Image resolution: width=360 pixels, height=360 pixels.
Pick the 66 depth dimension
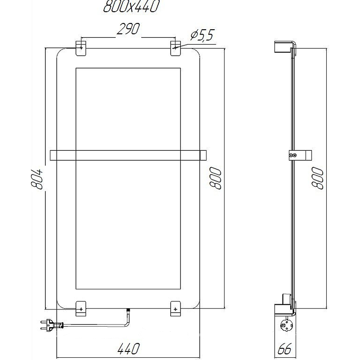coord(284,349)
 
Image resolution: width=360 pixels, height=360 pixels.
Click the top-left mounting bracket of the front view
coord(81,49)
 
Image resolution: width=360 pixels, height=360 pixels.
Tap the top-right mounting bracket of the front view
coord(175,49)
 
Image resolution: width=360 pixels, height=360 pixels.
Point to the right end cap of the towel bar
coord(202,155)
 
